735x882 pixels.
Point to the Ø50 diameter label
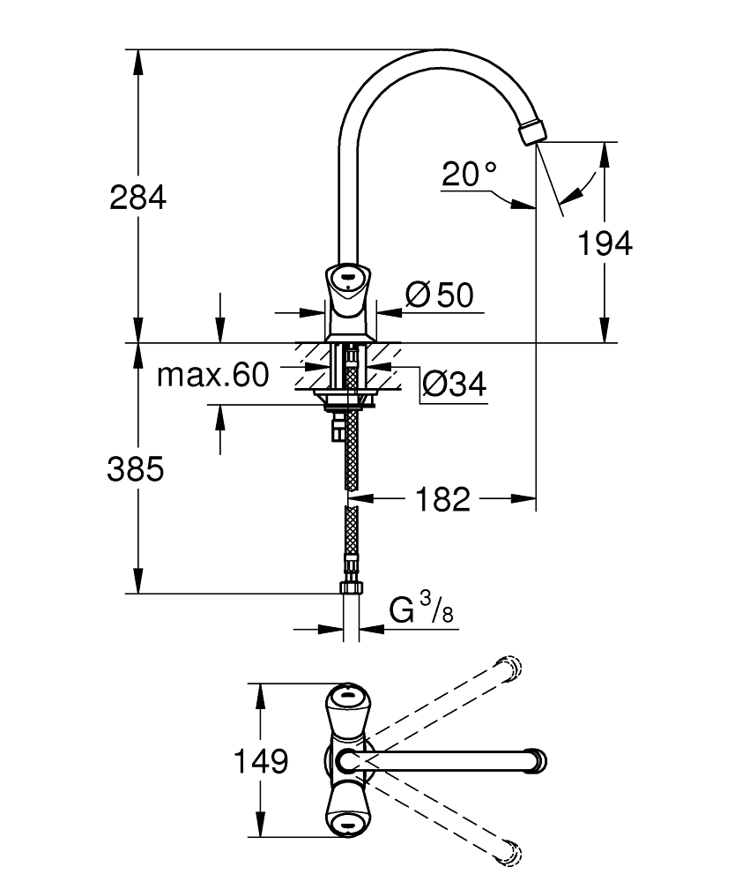(440, 295)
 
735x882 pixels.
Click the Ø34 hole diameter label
(454, 384)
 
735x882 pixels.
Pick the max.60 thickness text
(212, 376)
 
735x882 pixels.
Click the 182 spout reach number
(442, 500)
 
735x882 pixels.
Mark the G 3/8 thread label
(422, 611)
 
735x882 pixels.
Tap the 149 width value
(261, 759)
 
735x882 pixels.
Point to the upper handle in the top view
(350, 706)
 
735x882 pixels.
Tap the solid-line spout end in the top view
(536, 759)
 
